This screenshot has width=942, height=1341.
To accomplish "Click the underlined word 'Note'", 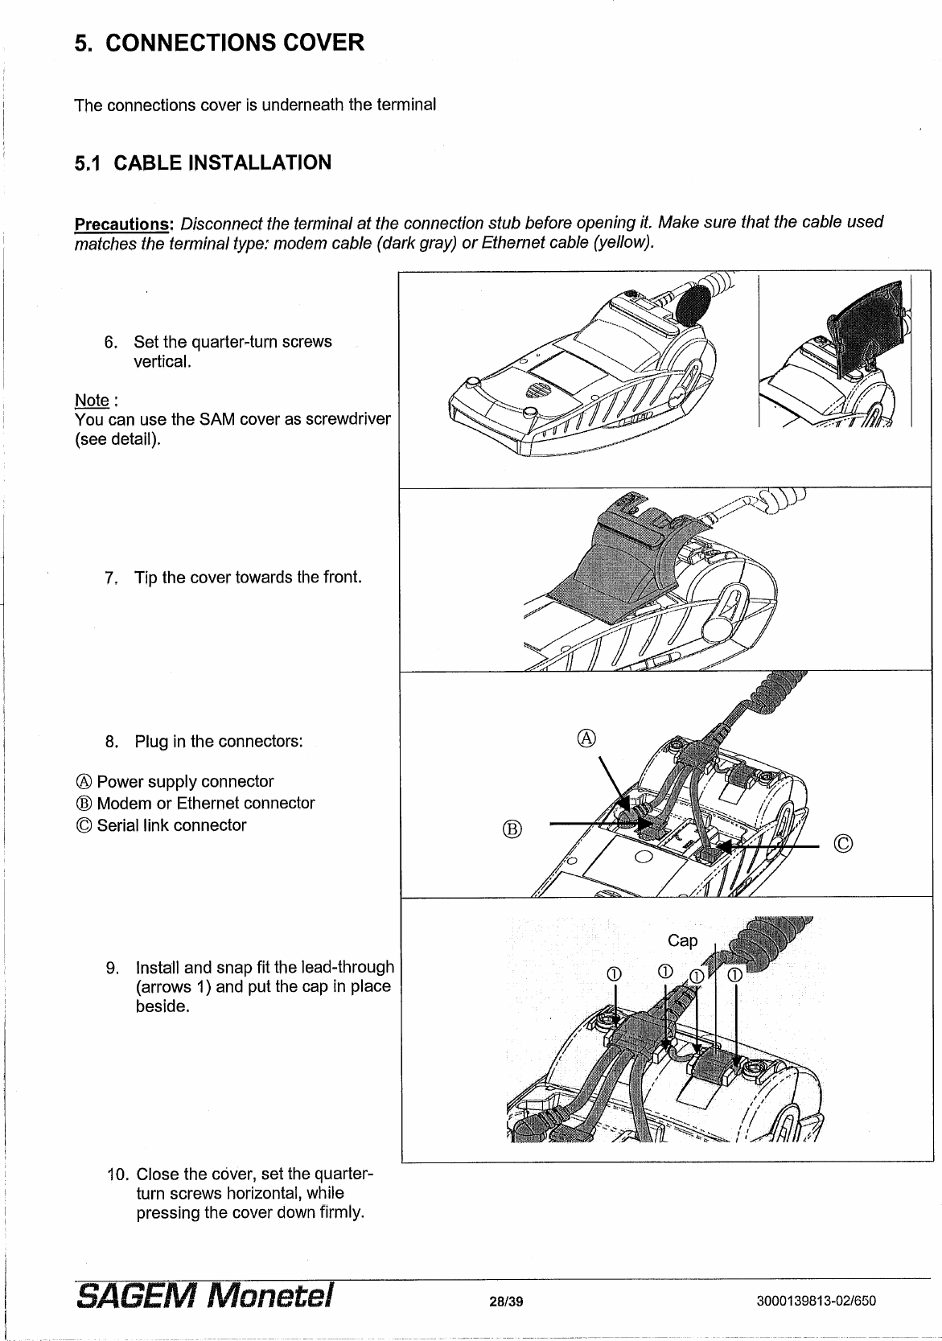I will pos(91,400).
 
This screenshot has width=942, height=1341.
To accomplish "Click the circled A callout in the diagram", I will pos(587,737).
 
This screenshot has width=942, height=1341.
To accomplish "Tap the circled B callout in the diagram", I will pos(512,828).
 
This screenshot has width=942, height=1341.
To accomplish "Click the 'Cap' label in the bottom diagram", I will pos(682,940).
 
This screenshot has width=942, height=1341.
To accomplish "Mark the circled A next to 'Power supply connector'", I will pos(83,782).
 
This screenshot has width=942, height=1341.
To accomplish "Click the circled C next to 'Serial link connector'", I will pos(83,825).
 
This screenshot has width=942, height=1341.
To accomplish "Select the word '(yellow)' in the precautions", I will pos(622,243).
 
